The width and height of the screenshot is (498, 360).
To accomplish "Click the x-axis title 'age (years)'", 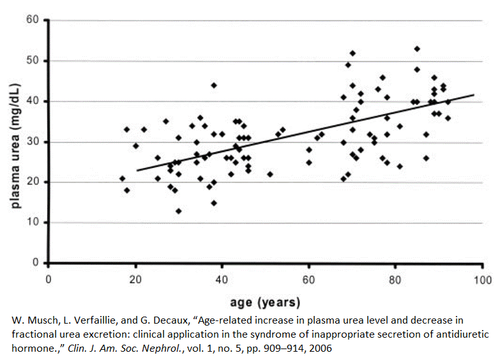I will pyautogui.click(x=264, y=301).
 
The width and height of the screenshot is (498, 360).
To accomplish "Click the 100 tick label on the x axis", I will pyautogui.click(x=482, y=279).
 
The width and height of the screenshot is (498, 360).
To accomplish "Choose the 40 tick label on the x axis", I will pyautogui.click(x=222, y=279).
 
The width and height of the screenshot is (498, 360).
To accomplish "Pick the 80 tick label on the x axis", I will pyautogui.click(x=395, y=279).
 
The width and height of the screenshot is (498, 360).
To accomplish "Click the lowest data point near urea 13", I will pyautogui.click(x=179, y=211).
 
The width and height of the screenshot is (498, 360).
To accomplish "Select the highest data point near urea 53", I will pyautogui.click(x=417, y=49).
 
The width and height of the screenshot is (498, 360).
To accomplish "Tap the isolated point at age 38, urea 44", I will pyautogui.click(x=214, y=85).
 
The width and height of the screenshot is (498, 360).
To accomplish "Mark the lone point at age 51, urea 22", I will pyautogui.click(x=270, y=174).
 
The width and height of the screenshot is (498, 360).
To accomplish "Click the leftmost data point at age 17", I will pyautogui.click(x=123, y=178).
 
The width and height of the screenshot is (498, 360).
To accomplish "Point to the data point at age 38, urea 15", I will pyautogui.click(x=214, y=202).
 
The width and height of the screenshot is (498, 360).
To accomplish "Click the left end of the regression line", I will pyautogui.click(x=136, y=170).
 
